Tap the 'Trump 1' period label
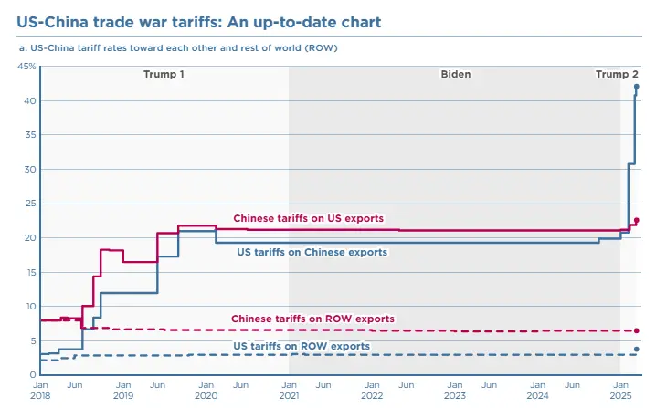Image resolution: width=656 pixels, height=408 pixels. coord(164,74)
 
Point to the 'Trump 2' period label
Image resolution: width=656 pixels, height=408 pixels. coord(617,74)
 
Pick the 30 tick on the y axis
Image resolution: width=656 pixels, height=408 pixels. coord(29,169)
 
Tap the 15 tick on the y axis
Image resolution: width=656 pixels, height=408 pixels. coord(29,272)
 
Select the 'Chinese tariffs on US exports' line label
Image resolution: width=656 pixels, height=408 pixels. coord(308,218)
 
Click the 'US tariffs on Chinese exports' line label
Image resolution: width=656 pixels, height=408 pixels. coord(312,251)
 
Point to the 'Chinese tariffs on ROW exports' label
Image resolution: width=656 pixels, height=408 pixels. coord(312,319)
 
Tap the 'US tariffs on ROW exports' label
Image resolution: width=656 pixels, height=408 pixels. coord(302,346)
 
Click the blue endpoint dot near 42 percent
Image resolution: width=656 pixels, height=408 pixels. coord(637,87)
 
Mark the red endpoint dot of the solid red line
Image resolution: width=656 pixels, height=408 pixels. coord(637,220)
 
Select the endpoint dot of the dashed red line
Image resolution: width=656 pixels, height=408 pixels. coord(637,330)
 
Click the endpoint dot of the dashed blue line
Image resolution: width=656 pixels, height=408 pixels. coord(637,349)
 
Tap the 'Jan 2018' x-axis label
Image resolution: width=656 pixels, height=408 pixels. coord(39,390)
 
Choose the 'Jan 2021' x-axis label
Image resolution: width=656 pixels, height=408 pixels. coord(289,390)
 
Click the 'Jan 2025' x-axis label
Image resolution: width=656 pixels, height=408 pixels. coord(620,390)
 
